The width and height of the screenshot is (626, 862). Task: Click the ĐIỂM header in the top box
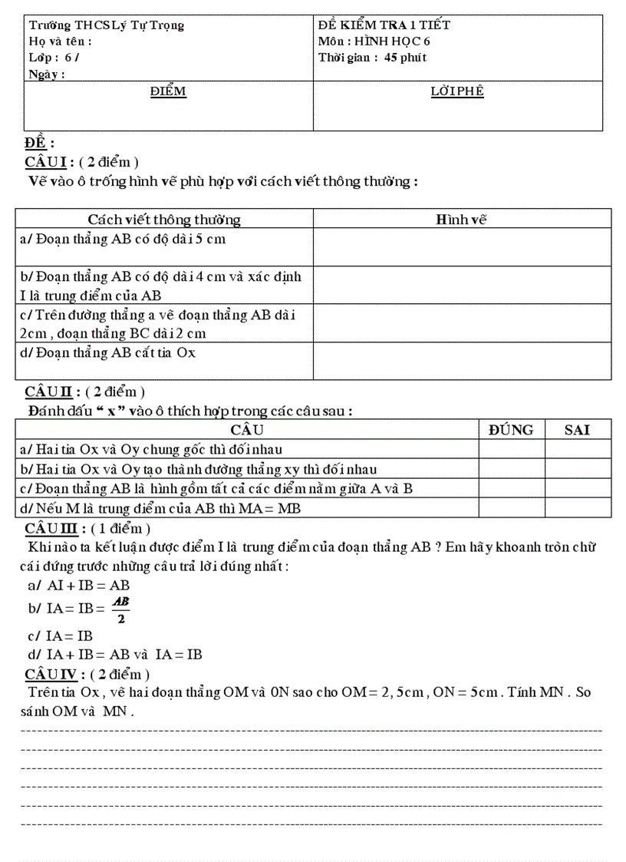pyautogui.click(x=168, y=91)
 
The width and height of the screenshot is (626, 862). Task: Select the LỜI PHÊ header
pyautogui.click(x=457, y=91)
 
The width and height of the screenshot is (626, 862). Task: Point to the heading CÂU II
pyautogui.click(x=53, y=392)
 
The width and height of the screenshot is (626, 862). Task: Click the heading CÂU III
pyautogui.click(x=55, y=528)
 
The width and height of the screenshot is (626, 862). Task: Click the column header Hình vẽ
pyautogui.click(x=462, y=220)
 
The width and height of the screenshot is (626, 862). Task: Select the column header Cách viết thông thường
pyautogui.click(x=164, y=220)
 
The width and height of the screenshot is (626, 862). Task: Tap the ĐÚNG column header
pyautogui.click(x=511, y=430)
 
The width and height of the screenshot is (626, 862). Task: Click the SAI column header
pyautogui.click(x=577, y=430)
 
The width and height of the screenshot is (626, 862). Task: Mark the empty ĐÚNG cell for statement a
pyautogui.click(x=511, y=449)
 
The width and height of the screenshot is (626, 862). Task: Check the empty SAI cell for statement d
pyautogui.click(x=577, y=507)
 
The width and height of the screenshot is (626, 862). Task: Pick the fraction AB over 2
pyautogui.click(x=121, y=609)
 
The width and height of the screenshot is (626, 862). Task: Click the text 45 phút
pyautogui.click(x=405, y=58)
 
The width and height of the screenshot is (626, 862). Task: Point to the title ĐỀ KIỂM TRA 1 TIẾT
pyautogui.click(x=384, y=25)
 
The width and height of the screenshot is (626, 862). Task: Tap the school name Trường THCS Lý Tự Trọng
pyautogui.click(x=106, y=25)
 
